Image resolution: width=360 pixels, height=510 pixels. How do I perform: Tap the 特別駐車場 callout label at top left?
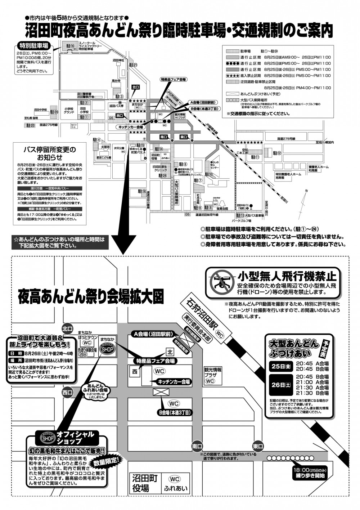[x=33, y=46]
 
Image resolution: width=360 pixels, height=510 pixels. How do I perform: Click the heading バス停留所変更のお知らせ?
[x=49, y=153]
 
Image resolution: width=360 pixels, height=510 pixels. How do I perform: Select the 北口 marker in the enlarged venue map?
[x=67, y=328]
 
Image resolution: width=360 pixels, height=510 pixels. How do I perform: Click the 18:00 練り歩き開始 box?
[x=309, y=473]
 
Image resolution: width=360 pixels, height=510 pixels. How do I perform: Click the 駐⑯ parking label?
[x=70, y=46]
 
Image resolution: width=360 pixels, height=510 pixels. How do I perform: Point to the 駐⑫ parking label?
[x=277, y=153]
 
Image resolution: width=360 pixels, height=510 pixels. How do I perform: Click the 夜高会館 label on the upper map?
[x=222, y=209]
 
